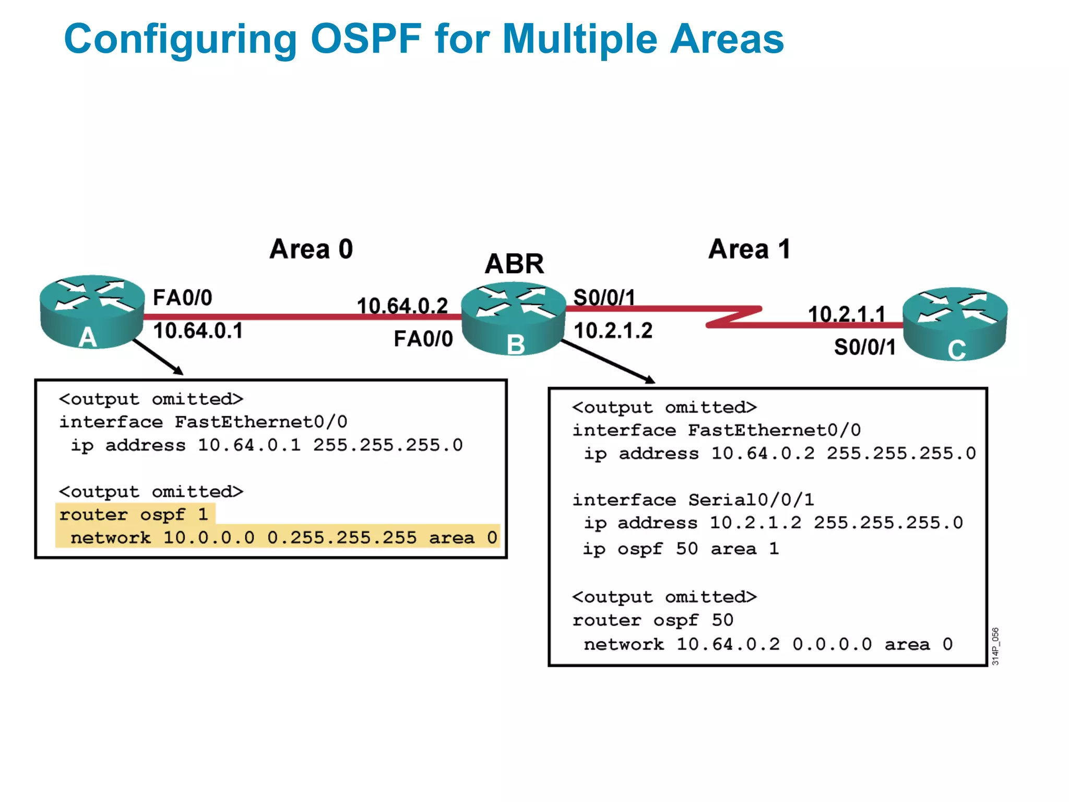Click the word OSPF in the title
pos(365,39)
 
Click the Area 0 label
pos(311,249)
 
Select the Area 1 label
pos(749,249)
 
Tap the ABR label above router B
pos(514,264)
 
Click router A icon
pos(92,311)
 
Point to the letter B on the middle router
pos(516,345)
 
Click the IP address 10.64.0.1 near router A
pos(198,331)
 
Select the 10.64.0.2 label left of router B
pos(402,306)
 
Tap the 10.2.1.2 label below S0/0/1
pos(613,331)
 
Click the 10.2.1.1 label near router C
pos(846,314)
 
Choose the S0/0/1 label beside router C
pos(864,347)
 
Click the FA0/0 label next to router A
pos(182,298)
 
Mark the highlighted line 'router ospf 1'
pos(134,515)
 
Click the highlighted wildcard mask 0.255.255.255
pos(342,538)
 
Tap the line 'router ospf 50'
pos(652,620)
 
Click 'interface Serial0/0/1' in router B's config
pos(693,500)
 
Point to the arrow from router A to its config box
pos(158,357)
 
